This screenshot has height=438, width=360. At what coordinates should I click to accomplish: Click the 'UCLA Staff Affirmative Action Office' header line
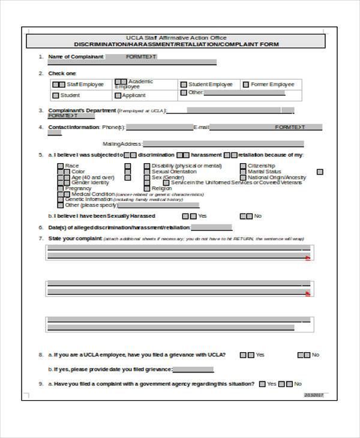(179, 38)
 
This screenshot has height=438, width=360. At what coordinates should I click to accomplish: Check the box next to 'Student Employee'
(184, 85)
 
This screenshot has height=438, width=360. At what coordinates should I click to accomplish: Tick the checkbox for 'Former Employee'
(245, 85)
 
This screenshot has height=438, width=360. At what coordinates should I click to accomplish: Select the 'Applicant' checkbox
(118, 95)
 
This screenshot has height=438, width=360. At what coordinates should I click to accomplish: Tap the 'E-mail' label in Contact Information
(201, 127)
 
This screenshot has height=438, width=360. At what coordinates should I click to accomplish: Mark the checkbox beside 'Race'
(61, 166)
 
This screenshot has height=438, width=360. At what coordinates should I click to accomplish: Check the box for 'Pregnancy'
(61, 188)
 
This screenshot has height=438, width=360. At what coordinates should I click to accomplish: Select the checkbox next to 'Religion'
(146, 188)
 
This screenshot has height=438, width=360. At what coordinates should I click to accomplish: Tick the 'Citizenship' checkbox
(242, 166)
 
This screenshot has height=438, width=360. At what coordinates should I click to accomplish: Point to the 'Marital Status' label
(264, 172)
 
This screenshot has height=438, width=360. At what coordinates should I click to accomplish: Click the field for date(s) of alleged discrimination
(212, 227)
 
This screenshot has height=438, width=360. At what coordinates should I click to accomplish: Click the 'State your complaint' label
(74, 238)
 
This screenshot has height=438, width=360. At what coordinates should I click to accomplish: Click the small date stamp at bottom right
(313, 394)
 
